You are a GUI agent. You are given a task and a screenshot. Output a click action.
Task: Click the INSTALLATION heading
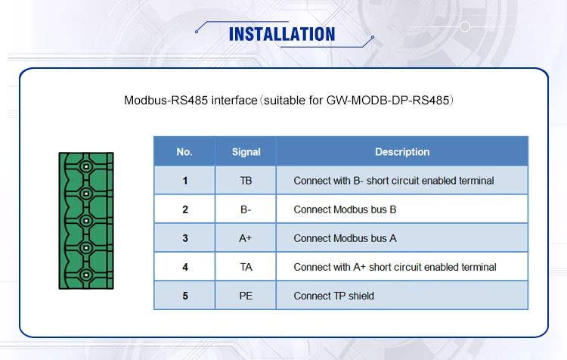pyautogui.click(x=281, y=34)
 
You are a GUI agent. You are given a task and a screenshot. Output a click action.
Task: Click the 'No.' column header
pyautogui.click(x=184, y=152)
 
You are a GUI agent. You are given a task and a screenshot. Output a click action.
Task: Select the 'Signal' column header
pyautogui.click(x=246, y=152)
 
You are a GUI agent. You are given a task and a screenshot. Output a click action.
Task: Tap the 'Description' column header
pyautogui.click(x=402, y=152)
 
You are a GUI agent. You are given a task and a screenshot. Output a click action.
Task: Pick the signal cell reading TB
pyautogui.click(x=246, y=181)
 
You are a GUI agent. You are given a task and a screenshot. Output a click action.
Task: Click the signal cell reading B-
pyautogui.click(x=246, y=209)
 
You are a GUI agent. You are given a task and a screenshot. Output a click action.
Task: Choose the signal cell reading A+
pyautogui.click(x=246, y=238)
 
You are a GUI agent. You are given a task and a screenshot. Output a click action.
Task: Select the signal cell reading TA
pyautogui.click(x=246, y=267)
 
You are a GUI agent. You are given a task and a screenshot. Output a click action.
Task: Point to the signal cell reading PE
pyautogui.click(x=246, y=296)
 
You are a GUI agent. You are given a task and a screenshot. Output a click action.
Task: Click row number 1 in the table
pyautogui.click(x=184, y=181)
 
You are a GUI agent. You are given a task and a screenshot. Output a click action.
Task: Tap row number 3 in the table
pyautogui.click(x=184, y=238)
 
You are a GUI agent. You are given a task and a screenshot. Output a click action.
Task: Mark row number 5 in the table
pyautogui.click(x=184, y=296)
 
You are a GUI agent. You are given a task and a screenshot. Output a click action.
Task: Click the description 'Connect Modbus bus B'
pyautogui.click(x=345, y=209)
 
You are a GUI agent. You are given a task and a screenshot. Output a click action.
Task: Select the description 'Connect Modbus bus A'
pyautogui.click(x=345, y=238)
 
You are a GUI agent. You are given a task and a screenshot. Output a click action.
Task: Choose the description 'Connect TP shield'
pyautogui.click(x=333, y=296)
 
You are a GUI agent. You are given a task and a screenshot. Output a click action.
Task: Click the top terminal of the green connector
pyautogui.click(x=86, y=166)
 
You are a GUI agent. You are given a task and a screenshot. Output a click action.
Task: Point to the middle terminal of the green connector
pyautogui.click(x=86, y=220)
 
